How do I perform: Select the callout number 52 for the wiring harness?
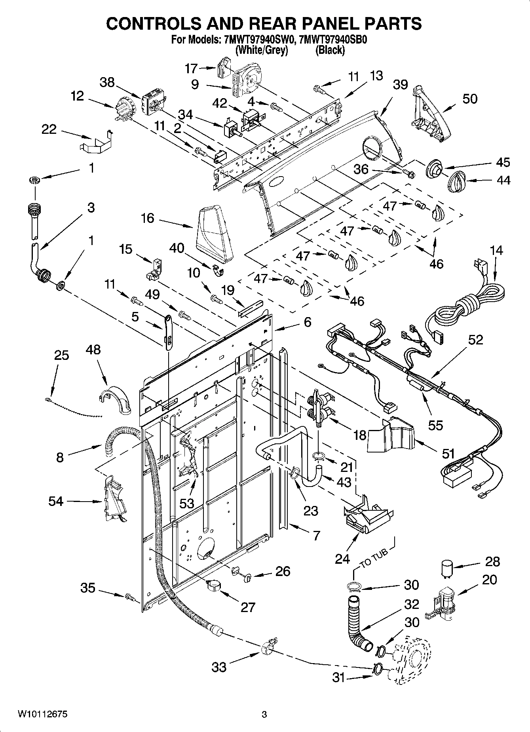[x=476, y=340]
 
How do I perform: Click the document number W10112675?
[x=42, y=714]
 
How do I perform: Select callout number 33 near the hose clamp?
[x=218, y=667]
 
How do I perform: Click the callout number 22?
[x=49, y=129]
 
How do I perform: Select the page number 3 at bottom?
[x=264, y=715]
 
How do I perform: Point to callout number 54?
[x=56, y=501]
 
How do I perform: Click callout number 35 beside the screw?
[x=88, y=588]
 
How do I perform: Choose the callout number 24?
[x=342, y=559]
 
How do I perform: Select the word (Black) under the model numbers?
[x=330, y=50]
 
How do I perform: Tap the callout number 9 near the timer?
[x=194, y=84]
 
